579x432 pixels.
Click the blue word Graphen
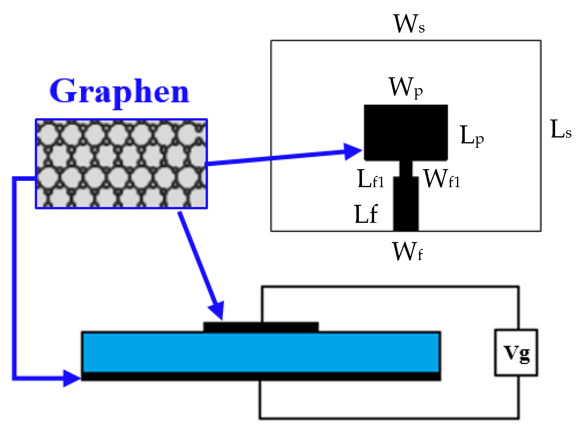pos(120,92)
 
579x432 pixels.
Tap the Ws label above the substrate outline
pos(409,24)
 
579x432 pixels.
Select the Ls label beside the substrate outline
pos(561,129)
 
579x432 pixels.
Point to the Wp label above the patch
pos(405,88)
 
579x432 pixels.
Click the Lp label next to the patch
pos(472,136)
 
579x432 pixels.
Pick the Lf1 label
pos(371,179)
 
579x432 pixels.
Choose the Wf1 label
pos(441,179)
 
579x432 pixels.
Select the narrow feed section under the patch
pos(406,169)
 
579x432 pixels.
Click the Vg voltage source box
pos(516,353)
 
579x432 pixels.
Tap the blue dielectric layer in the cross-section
pos(261,352)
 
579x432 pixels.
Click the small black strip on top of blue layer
pos(261,327)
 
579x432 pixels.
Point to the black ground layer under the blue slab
pos(261,376)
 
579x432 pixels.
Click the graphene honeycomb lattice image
pos(121,164)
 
